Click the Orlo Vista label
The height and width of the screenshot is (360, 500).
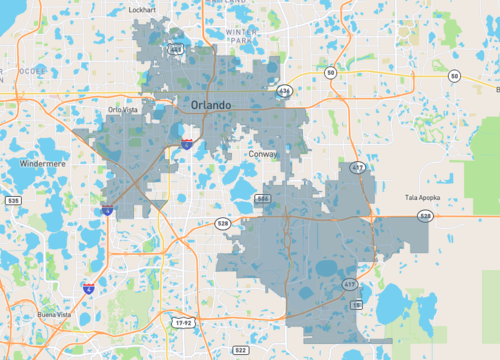127,110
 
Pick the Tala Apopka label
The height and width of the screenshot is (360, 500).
425,198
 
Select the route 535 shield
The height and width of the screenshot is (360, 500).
12,201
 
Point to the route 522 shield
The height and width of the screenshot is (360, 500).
241,349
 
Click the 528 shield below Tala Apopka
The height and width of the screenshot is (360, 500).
425,215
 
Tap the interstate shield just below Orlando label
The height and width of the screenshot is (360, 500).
186,144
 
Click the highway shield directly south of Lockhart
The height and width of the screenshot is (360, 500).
176,46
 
